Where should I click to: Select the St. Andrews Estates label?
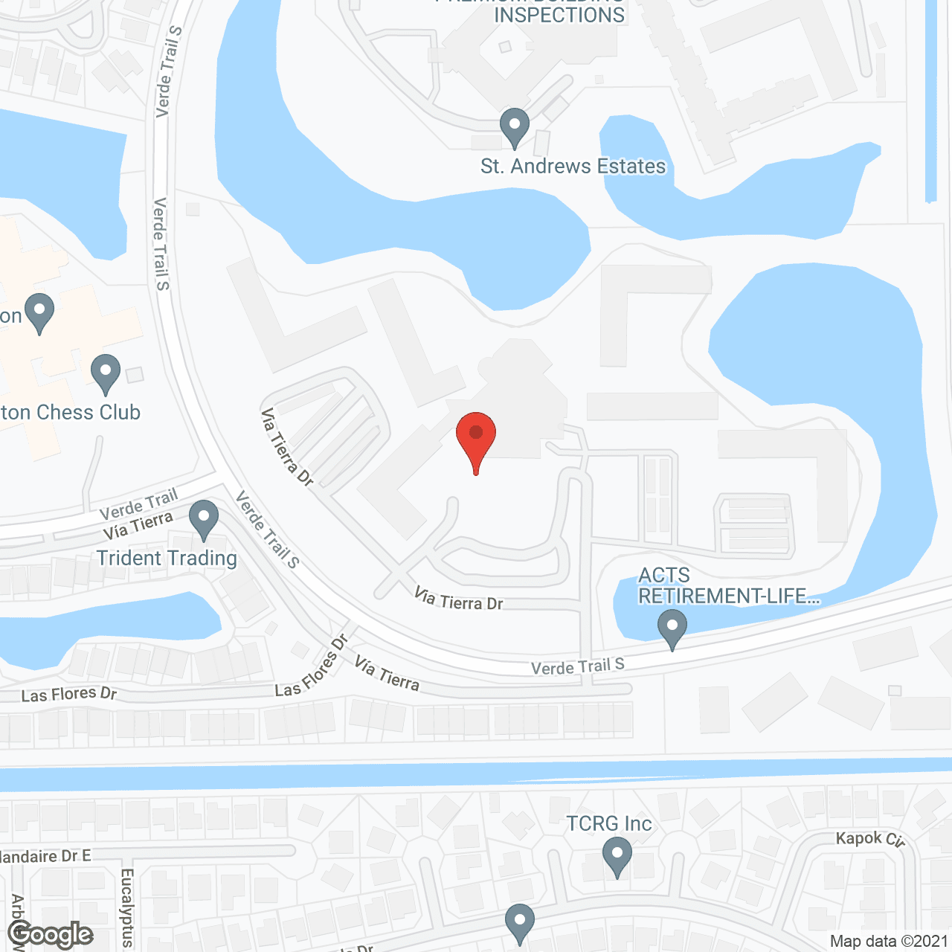tap(573, 166)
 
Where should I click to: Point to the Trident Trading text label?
tap(167, 558)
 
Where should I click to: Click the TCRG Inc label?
tap(609, 824)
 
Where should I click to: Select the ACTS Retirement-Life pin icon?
tap(672, 628)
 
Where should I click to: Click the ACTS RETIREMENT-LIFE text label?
tap(728, 586)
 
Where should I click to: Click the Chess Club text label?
tap(71, 413)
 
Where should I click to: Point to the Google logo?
tap(51, 934)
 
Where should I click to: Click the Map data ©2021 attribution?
tap(889, 941)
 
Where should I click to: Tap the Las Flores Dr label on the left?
tap(69, 695)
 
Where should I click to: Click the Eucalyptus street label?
tap(126, 907)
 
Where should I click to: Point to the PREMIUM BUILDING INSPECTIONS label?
tap(559, 12)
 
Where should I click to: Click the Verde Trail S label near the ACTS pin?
tap(578, 666)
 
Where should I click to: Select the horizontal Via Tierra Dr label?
tap(459, 599)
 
